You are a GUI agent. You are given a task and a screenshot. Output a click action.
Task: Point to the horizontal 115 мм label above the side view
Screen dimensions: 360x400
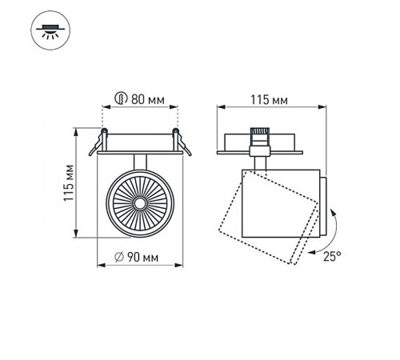(268, 101)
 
